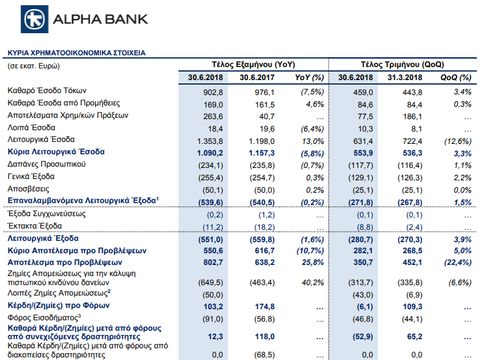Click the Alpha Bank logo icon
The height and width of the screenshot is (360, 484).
coord(35,19)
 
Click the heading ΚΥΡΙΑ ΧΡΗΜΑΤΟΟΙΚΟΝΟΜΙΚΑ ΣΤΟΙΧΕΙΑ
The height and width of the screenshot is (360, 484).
coord(77,53)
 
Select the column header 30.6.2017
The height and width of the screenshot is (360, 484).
coord(257,77)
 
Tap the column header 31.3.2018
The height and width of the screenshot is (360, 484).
coord(405,77)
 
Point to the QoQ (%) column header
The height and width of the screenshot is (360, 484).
coord(456,77)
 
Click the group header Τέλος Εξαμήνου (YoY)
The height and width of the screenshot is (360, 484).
coord(253,64)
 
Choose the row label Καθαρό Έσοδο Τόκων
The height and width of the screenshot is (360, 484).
coord(47,90)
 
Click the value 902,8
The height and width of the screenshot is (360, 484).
coord(213,92)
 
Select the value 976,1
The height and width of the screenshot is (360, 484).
coord(264,92)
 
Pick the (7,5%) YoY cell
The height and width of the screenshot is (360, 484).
coord(313,92)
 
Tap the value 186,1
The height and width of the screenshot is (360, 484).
coord(412,117)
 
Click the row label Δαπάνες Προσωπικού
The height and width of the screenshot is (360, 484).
coord(47,164)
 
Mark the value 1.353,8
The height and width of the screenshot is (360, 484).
coord(210,141)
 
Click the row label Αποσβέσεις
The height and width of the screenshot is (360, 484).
coord(29,189)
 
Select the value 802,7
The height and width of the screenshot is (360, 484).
coord(213,262)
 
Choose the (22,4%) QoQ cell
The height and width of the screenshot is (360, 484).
coord(458,262)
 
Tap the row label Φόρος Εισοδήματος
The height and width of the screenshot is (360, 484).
coord(44,318)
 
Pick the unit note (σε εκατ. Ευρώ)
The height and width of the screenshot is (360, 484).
coord(34,66)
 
